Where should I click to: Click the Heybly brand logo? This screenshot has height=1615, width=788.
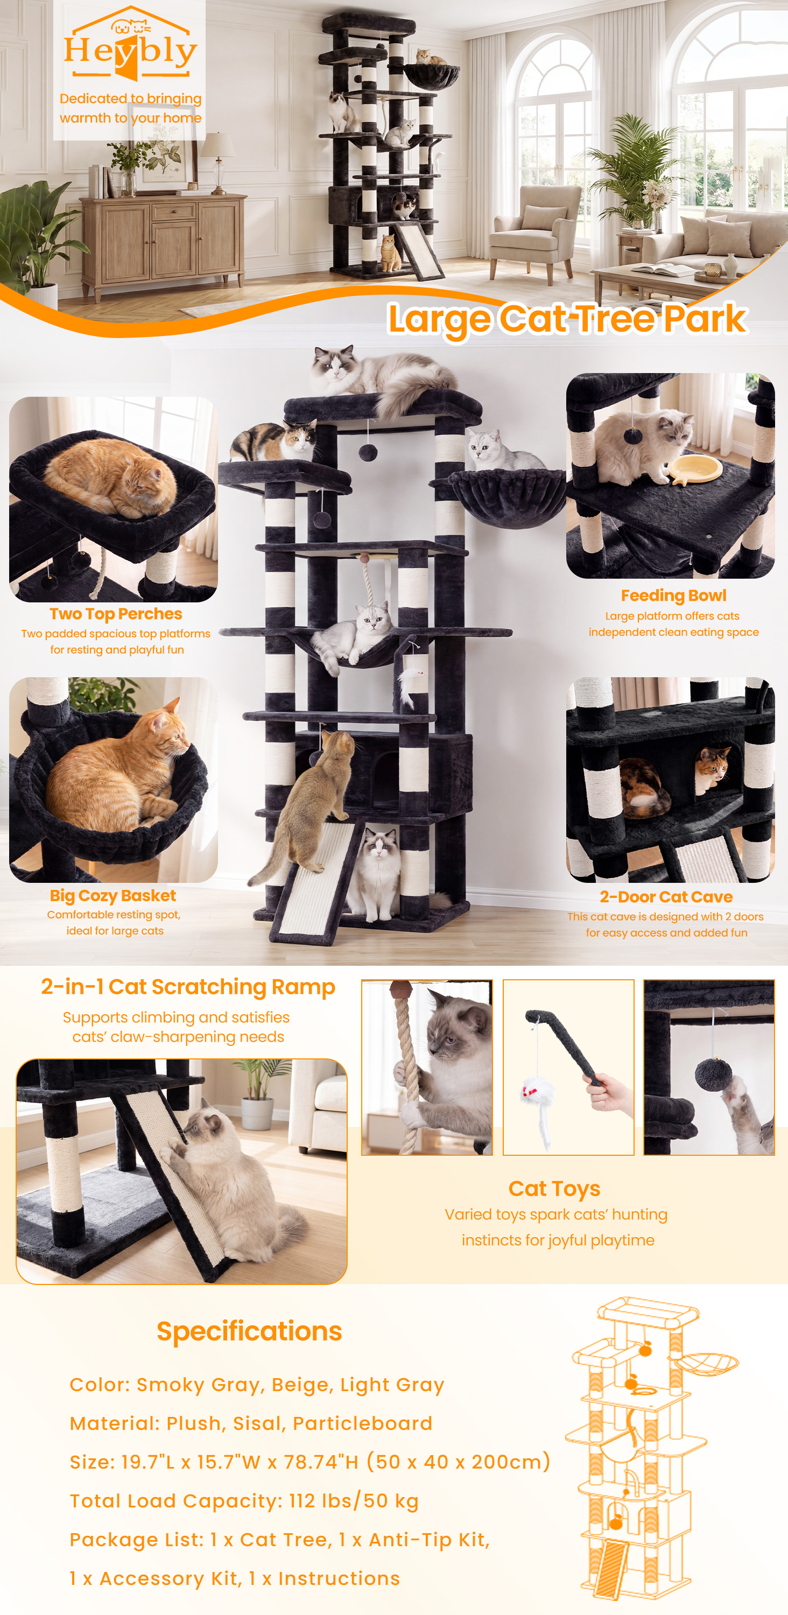click(x=130, y=44)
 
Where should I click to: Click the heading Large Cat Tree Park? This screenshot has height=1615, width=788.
click(x=567, y=319)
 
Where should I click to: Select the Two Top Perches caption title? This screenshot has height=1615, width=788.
click(x=116, y=614)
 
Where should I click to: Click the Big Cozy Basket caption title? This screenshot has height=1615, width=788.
click(x=113, y=895)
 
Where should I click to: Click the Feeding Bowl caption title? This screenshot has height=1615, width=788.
click(x=673, y=595)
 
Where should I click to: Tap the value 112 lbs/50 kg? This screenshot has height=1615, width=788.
click(x=354, y=1501)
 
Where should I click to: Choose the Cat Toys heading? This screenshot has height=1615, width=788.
click(x=554, y=1189)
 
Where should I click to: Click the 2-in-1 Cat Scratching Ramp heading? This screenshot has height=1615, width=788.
click(x=188, y=987)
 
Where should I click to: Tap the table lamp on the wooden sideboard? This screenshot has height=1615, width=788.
click(x=218, y=161)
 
